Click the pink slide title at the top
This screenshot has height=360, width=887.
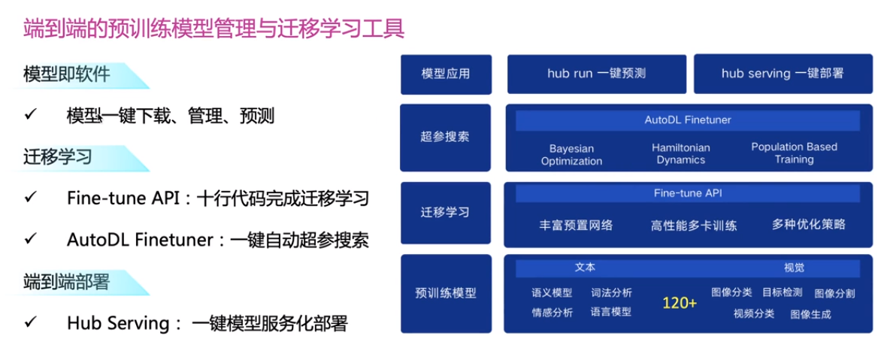click(x=213, y=29)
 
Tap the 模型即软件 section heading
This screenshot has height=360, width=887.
click(x=67, y=74)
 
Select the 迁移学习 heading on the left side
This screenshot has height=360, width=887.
click(x=58, y=157)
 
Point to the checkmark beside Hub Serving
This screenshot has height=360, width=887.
click(x=31, y=322)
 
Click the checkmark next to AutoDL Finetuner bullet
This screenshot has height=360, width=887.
click(x=31, y=240)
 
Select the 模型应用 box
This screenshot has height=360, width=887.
click(x=446, y=74)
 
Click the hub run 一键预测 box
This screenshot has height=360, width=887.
click(x=596, y=74)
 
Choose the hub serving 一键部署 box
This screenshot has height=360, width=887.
click(x=783, y=74)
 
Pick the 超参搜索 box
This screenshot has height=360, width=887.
click(x=445, y=138)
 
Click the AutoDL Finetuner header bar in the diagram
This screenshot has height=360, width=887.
click(x=687, y=120)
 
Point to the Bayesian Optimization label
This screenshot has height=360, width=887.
click(x=571, y=155)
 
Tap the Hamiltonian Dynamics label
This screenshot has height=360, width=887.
click(x=680, y=154)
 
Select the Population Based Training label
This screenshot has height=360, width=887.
click(x=795, y=153)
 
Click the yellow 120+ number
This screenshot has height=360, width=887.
click(x=680, y=303)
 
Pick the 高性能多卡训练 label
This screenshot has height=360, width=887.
click(x=694, y=225)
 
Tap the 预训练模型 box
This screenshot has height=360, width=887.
click(x=446, y=293)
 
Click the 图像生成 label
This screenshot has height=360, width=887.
click(x=810, y=315)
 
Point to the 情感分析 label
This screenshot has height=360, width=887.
click(x=552, y=313)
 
